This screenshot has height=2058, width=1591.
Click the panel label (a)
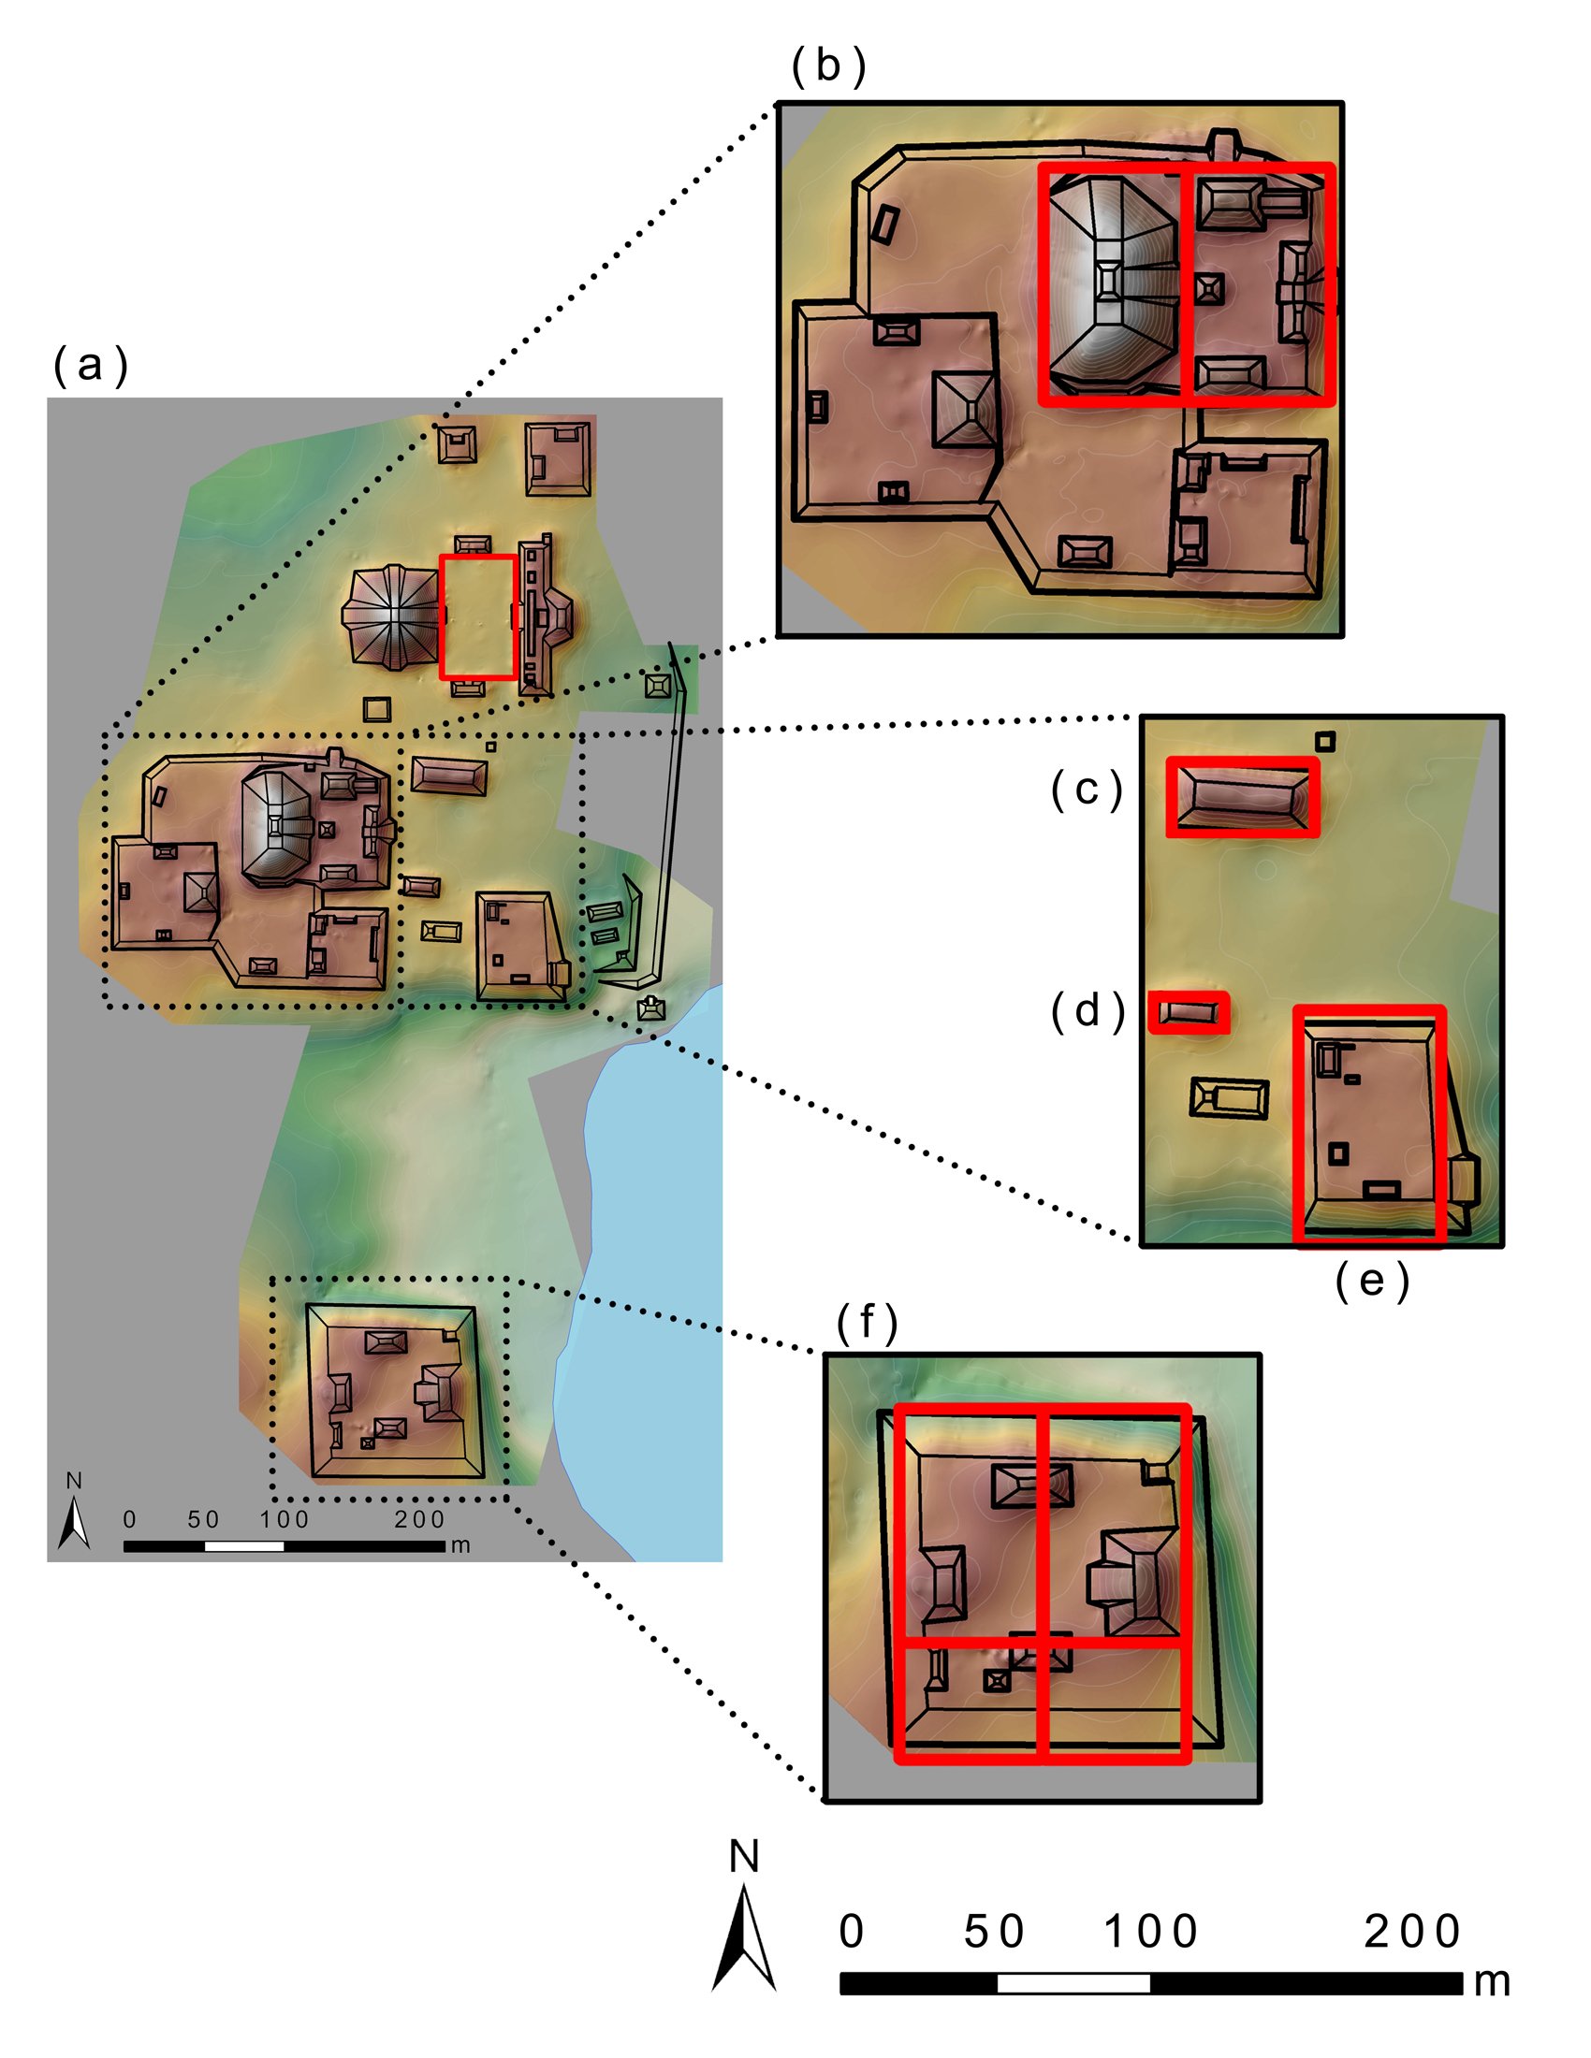coord(91,366)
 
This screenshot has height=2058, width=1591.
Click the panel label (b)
coord(828,66)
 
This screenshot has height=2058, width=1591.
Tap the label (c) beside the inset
coord(1087,790)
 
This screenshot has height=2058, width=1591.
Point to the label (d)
coord(1087,1011)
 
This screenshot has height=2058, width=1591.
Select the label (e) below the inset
coord(1371,1281)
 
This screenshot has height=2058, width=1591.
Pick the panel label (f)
coord(867,1322)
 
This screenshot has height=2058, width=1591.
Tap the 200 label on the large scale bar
coord(1412,1932)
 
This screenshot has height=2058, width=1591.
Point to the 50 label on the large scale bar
coord(993,1932)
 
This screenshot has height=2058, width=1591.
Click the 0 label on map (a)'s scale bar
coord(130,1519)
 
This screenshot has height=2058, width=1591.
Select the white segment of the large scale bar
coord(1073,1982)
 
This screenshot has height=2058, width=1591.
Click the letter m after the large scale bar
coord(1492,1982)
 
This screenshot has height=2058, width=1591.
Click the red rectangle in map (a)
coord(478,617)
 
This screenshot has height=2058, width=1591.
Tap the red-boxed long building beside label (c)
coord(1242,796)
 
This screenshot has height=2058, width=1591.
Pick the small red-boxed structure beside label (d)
coord(1189,1013)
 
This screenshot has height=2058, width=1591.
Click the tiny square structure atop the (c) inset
coord(1324,742)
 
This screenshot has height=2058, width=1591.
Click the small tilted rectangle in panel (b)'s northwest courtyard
coord(885,224)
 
